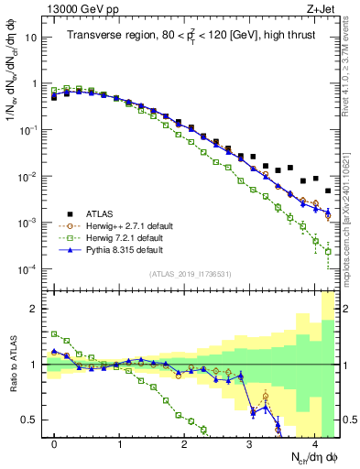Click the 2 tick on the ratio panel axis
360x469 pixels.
(35, 309)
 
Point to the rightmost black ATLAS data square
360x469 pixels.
(328, 191)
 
